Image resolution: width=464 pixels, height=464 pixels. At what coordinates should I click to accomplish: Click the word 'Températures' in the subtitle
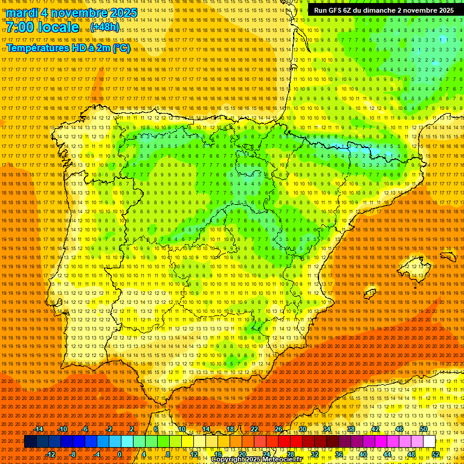[37, 48]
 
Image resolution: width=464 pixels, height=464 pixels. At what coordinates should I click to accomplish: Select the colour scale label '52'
[436, 454]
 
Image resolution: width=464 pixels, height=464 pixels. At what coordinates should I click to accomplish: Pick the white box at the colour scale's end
[430, 442]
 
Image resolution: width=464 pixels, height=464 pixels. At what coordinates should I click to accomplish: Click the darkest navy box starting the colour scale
[30, 442]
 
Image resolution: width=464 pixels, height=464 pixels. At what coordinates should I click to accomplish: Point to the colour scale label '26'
[279, 429]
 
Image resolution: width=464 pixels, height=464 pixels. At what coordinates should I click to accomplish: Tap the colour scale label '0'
[120, 454]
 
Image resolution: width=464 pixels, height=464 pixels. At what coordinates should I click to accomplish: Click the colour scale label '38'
[350, 429]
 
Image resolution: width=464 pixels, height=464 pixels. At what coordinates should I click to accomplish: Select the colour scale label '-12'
[51, 454]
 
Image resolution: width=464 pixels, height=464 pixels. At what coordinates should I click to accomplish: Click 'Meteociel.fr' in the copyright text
[299, 460]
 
